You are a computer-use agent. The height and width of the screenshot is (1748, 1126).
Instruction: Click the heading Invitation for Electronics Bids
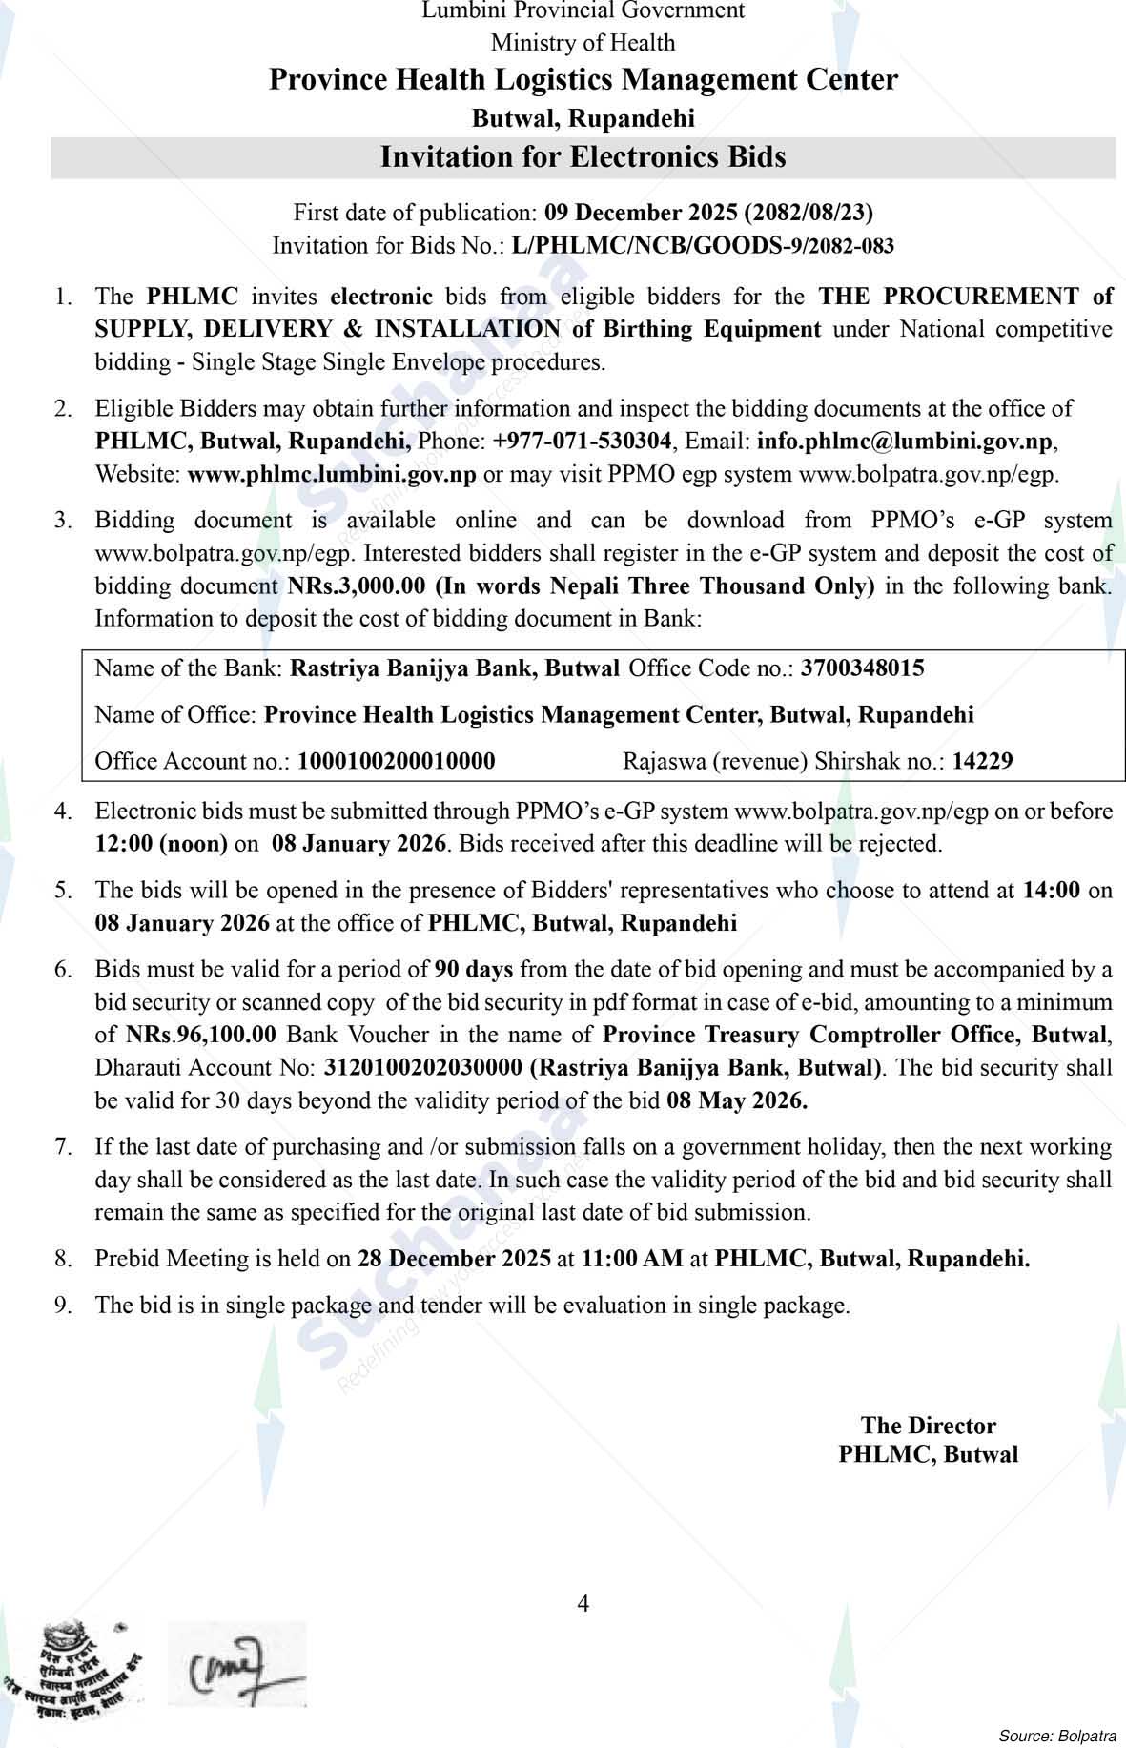(x=583, y=156)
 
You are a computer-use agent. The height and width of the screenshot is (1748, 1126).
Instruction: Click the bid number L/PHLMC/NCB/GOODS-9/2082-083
(x=703, y=246)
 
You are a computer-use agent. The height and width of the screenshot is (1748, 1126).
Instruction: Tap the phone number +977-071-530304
(x=583, y=442)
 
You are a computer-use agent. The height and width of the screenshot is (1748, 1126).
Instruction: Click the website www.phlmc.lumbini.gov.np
(x=332, y=475)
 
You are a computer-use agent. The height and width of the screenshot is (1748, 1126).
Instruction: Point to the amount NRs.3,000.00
(x=357, y=586)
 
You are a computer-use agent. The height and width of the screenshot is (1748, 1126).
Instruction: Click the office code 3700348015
(x=862, y=668)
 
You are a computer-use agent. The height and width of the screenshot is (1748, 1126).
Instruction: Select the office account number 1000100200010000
(x=397, y=761)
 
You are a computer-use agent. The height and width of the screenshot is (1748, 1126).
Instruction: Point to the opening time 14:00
(x=1051, y=891)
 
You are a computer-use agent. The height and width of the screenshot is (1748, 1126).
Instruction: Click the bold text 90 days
(x=474, y=970)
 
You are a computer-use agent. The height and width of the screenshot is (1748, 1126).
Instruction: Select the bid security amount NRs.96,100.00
(x=201, y=1035)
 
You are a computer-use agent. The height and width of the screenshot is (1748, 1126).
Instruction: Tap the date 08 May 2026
(x=737, y=1101)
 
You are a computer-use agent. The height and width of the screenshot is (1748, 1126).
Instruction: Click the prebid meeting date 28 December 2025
(x=454, y=1259)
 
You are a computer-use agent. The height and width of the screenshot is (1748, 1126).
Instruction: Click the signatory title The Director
(x=928, y=1426)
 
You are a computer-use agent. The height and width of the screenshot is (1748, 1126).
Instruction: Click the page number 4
(x=583, y=1603)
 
